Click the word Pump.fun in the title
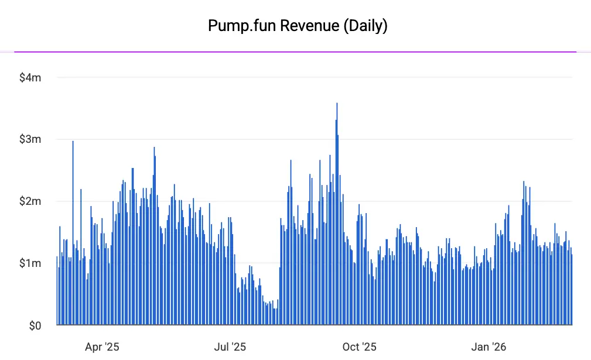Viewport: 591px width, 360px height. [232, 26]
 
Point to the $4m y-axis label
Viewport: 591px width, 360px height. [30, 77]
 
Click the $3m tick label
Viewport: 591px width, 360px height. [30, 139]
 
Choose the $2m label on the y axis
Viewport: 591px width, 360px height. [30, 201]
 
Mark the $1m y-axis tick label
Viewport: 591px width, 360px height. [30, 263]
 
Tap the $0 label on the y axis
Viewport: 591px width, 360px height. [35, 325]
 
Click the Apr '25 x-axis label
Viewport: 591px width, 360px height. [102, 347]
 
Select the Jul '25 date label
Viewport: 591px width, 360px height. [230, 347]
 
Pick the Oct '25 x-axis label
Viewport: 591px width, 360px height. [360, 347]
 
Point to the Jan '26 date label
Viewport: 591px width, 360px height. [488, 347]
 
